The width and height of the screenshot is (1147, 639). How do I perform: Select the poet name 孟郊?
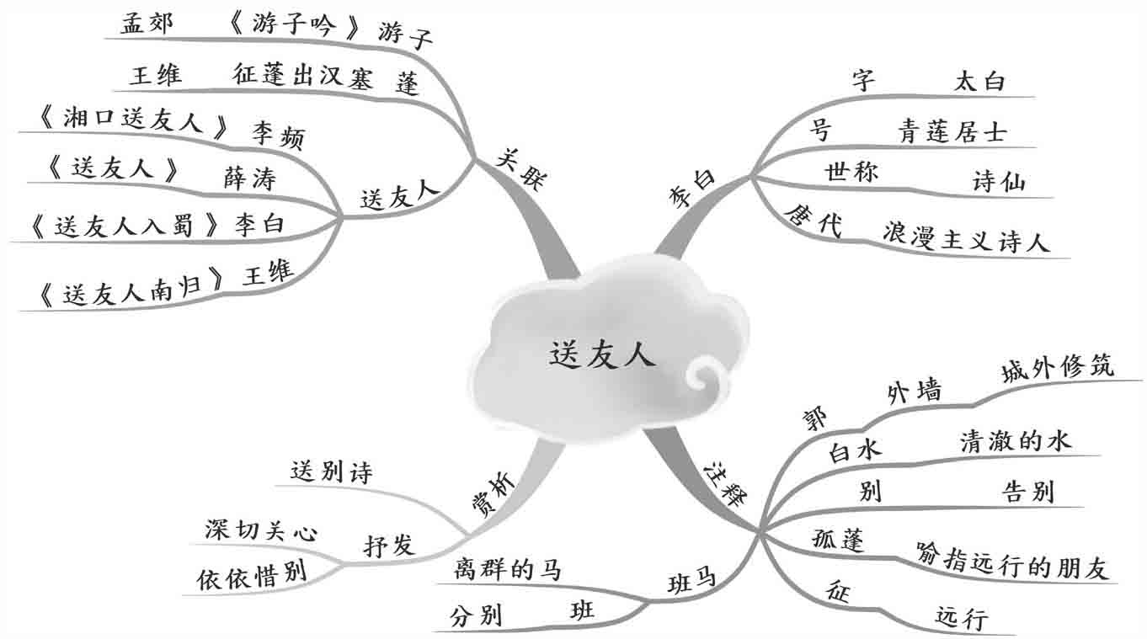[x=147, y=24]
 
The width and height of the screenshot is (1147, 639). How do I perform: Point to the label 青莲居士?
[x=952, y=131]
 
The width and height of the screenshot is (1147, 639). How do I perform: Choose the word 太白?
[x=980, y=82]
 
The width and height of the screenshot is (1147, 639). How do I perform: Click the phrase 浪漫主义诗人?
[x=966, y=238]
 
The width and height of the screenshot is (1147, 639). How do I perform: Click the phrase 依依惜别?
[x=251, y=575]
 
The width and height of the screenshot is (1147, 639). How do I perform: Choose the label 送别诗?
[x=331, y=472]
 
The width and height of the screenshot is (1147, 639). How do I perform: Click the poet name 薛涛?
[x=249, y=178]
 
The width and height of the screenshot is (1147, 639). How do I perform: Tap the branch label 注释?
[x=723, y=483]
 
